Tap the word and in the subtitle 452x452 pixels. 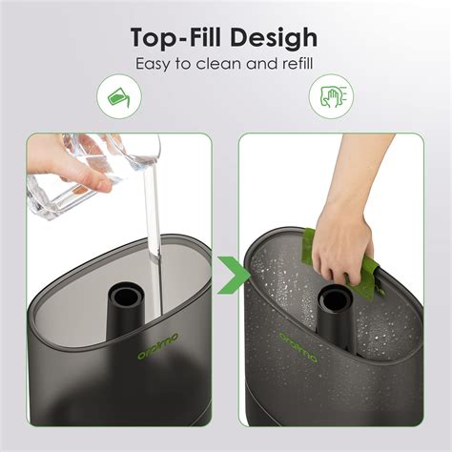pos(255,65)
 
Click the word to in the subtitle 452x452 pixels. pos(191,65)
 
